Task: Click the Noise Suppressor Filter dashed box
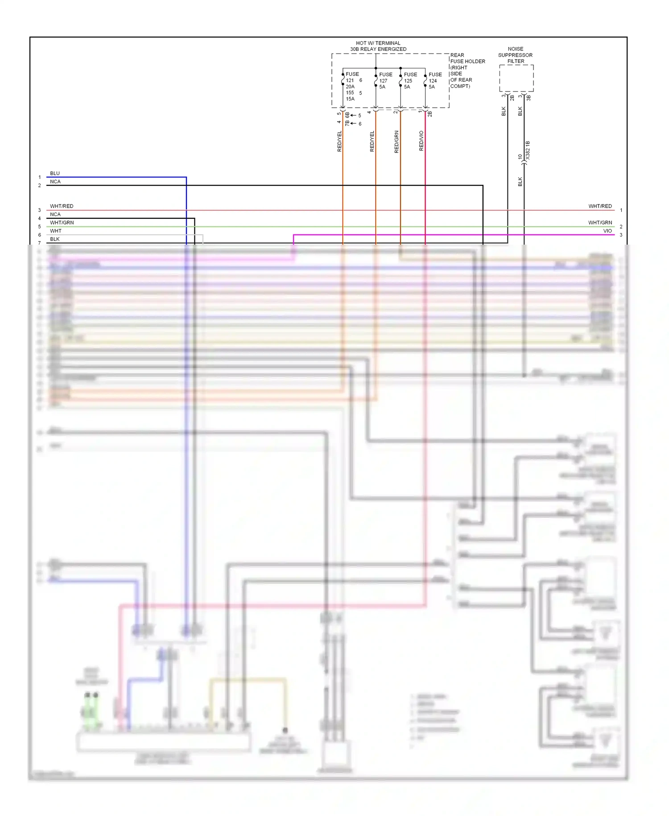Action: tap(516, 78)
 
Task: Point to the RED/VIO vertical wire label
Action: tap(421, 141)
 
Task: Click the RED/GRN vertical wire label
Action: tap(396, 142)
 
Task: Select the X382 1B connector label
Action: tap(528, 150)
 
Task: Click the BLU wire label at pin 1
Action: tap(55, 173)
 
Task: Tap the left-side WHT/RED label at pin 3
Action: tap(62, 206)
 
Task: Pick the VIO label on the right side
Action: tap(607, 231)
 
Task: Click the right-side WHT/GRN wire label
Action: tap(600, 222)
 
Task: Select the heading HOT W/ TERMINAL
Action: tap(378, 43)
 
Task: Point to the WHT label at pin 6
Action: tap(56, 231)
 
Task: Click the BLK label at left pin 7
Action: tap(55, 239)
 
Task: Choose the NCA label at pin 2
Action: tap(55, 182)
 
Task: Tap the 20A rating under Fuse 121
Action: tap(350, 87)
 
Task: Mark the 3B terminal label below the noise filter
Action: tap(529, 98)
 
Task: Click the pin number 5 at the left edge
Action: tap(39, 227)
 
